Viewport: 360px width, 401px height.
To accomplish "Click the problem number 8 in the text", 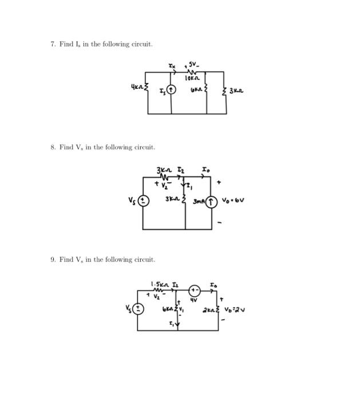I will pos(52,147).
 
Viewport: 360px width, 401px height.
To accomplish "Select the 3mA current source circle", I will pos(212,202).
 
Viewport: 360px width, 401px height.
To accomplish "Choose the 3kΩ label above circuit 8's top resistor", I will pos(163,170).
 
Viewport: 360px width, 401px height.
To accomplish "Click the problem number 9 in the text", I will pos(52,260).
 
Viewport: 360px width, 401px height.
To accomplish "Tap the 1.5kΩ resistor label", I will pos(157,284).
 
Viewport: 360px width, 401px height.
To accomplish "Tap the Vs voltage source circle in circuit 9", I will pos(137,309).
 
